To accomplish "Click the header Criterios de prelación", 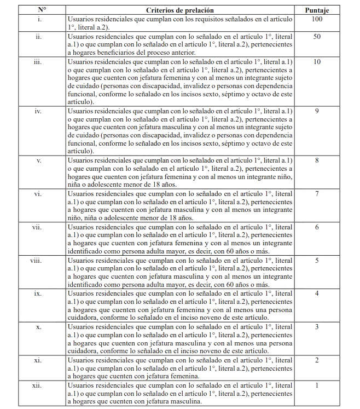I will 180,10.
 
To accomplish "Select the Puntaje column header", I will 317,10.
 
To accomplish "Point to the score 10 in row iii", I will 317,61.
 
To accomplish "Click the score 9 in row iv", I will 317,112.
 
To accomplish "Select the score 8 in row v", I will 317,162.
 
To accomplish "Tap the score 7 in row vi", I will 317,194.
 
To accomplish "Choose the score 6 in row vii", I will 317,227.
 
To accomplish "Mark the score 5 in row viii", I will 317,260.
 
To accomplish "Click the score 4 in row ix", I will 317,293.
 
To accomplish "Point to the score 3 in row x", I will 317,327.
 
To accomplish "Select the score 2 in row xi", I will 317,360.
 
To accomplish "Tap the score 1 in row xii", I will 317,385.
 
